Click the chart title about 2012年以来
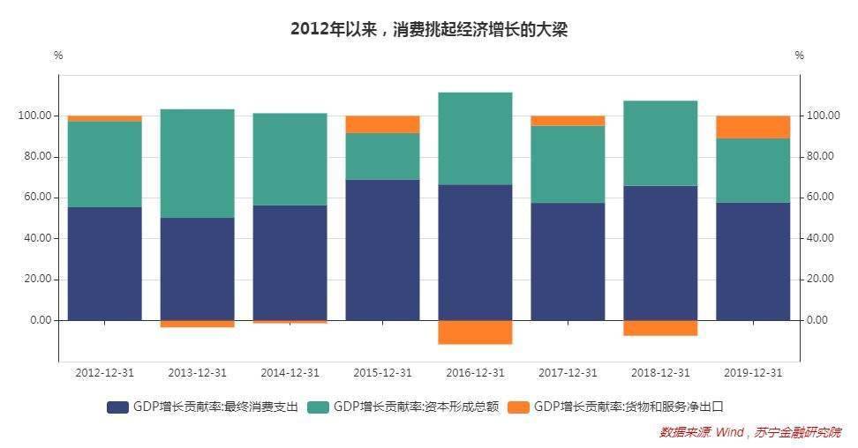(428, 29)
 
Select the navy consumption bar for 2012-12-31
(104, 263)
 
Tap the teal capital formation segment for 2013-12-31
(197, 163)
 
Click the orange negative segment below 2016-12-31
(475, 332)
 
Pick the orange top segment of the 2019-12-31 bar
(753, 127)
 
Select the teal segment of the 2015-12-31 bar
(382, 156)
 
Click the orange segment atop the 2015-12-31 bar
(382, 124)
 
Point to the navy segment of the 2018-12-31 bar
(660, 252)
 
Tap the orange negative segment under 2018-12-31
(660, 327)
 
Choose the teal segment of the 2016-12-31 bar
(475, 138)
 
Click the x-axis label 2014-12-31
(290, 373)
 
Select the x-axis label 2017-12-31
(568, 373)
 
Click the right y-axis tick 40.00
(821, 238)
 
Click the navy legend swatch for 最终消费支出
(117, 407)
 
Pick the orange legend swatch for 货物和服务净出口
(519, 407)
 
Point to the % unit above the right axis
(799, 56)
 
